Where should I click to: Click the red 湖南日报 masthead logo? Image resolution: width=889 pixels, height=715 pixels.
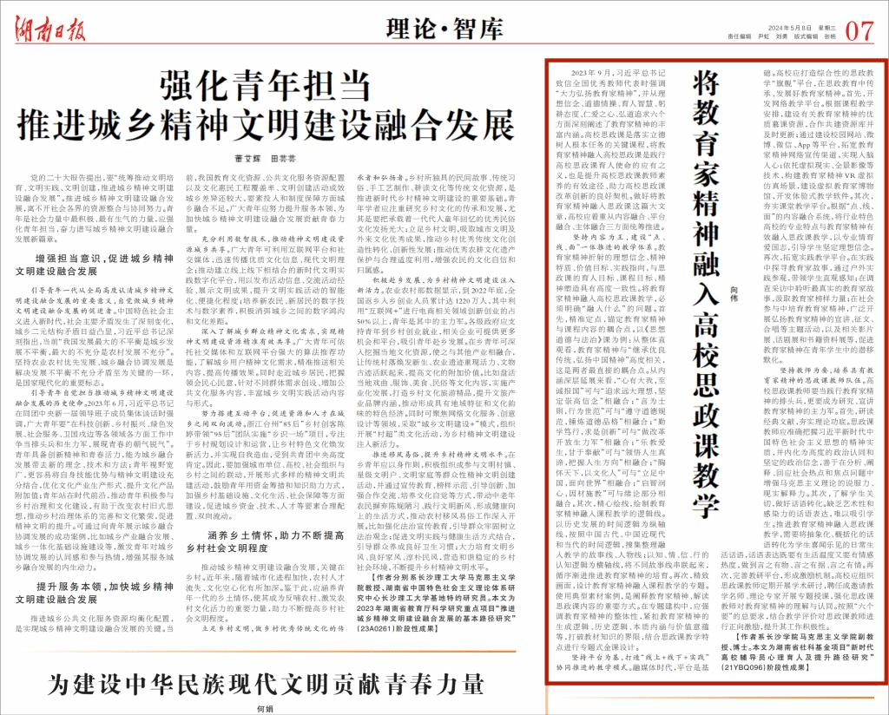tap(50, 27)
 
